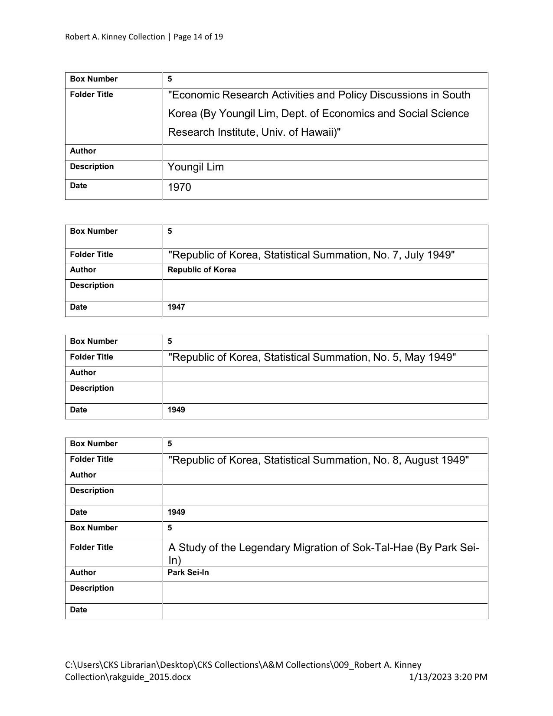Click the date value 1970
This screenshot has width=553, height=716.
tap(179, 187)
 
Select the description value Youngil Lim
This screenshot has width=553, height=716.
tap(196, 167)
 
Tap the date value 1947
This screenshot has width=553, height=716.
tap(176, 307)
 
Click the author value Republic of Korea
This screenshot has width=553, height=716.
tap(202, 270)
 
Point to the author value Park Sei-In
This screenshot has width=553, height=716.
tap(188, 572)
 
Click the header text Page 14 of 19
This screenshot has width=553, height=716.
tap(198, 37)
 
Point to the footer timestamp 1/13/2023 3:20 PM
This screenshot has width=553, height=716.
tap(448, 677)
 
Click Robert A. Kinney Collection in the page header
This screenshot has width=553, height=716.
tap(115, 37)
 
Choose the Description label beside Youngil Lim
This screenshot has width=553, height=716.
tap(92, 167)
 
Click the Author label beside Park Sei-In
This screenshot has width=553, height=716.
tap(83, 572)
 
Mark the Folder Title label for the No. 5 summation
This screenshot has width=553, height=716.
tap(92, 357)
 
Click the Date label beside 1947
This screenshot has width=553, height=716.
tap(79, 307)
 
